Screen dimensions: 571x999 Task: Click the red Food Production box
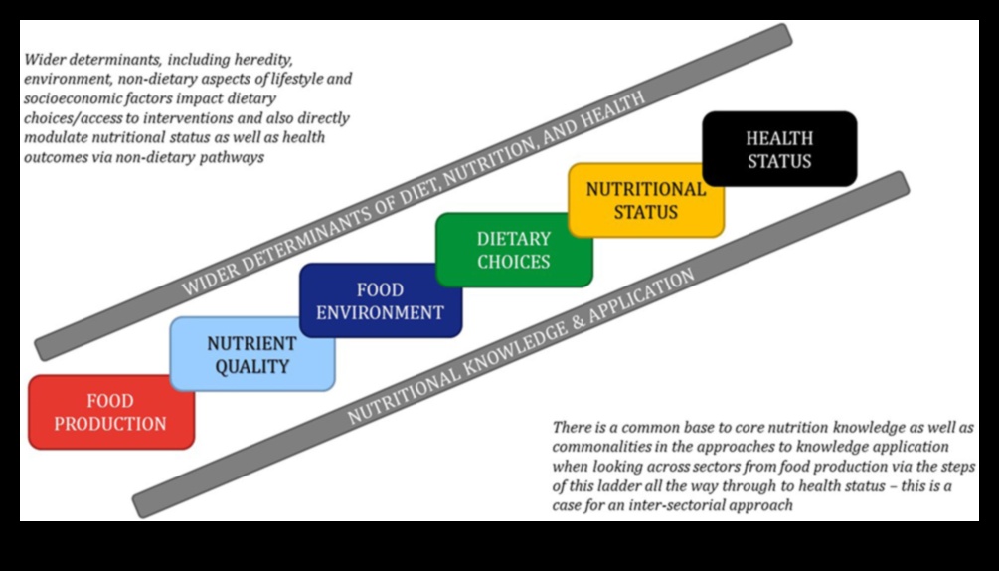(110, 412)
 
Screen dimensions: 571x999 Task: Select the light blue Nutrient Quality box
(251, 355)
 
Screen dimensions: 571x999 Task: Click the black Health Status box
(778, 149)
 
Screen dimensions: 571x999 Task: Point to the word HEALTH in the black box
(779, 138)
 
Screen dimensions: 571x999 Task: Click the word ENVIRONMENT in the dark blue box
(380, 312)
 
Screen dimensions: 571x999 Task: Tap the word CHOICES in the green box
(513, 262)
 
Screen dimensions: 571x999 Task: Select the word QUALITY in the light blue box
(251, 366)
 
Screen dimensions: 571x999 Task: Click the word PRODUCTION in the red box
(110, 424)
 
